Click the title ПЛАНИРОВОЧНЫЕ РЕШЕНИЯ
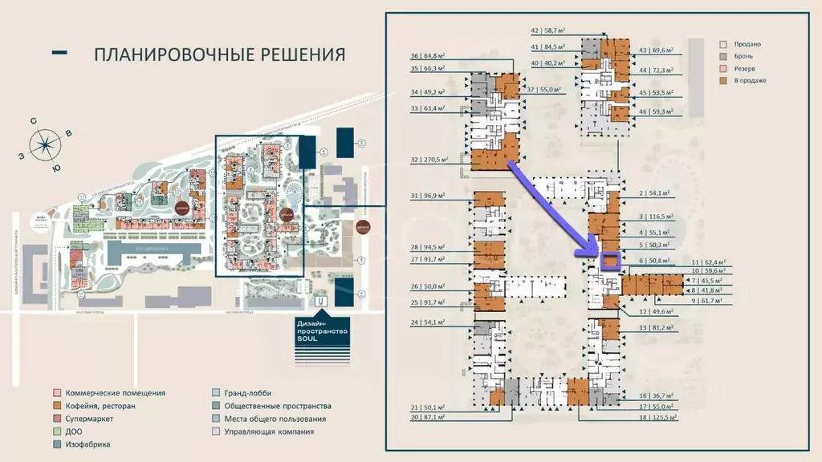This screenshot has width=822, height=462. coord(219,55)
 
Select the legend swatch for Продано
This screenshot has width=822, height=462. coord(723,44)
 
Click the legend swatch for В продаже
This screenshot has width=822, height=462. coord(723,80)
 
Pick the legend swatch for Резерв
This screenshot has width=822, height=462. coord(723,68)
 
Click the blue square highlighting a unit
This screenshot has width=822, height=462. coord(611,261)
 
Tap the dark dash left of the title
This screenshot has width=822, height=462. coord(59,53)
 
